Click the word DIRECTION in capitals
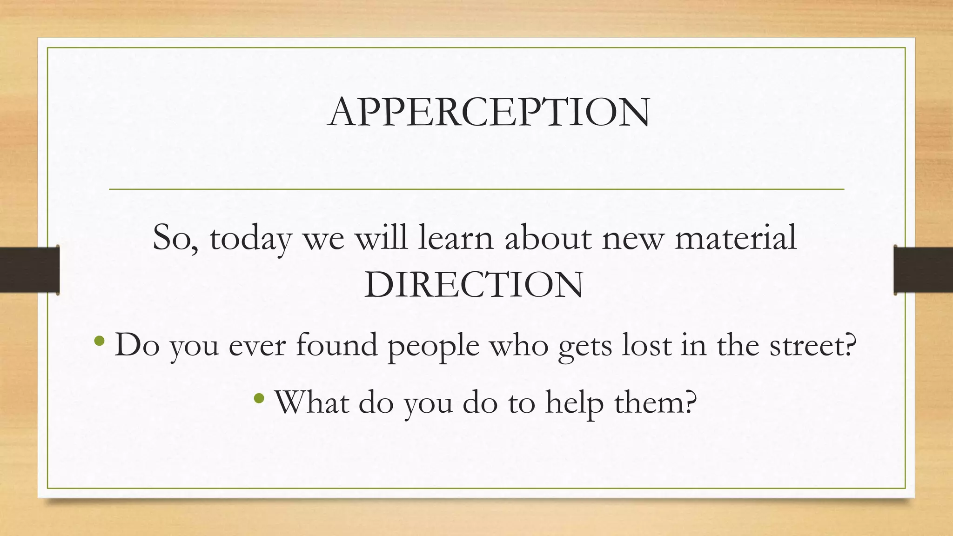[x=474, y=285]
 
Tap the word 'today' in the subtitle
[x=250, y=238]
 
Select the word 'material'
[x=736, y=237]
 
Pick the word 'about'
[x=548, y=237]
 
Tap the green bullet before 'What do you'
[x=259, y=398]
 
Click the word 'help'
[x=574, y=402]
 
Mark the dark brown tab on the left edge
[x=29, y=270]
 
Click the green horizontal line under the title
[x=476, y=189]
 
